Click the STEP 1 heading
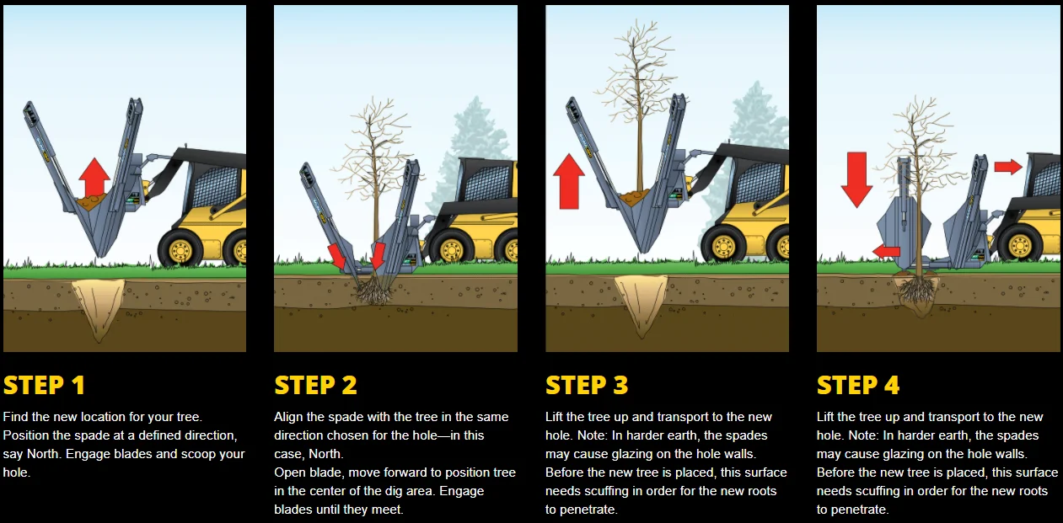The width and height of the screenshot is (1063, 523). pyautogui.click(x=44, y=385)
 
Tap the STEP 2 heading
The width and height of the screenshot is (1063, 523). pyautogui.click(x=315, y=385)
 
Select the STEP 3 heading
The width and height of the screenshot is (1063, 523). pyautogui.click(x=587, y=385)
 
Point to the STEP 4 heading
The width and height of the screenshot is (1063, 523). pyautogui.click(x=858, y=385)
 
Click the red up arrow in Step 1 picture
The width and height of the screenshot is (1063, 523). pyautogui.click(x=94, y=177)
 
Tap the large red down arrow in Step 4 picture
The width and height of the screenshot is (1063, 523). pyautogui.click(x=856, y=179)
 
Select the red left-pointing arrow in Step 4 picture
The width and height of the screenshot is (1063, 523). pyautogui.click(x=885, y=251)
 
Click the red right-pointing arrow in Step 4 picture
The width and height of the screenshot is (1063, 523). pyautogui.click(x=1007, y=167)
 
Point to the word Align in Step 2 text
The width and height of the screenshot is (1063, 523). pyautogui.click(x=289, y=417)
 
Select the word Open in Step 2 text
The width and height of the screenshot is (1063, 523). pyautogui.click(x=289, y=472)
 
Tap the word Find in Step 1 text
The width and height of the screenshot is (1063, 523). pyautogui.click(x=16, y=417)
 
